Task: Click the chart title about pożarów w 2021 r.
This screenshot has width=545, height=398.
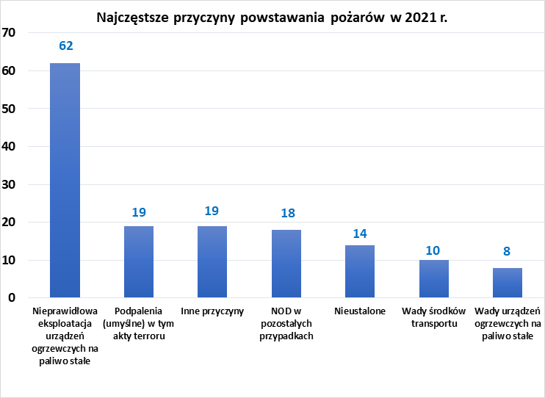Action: point(272,18)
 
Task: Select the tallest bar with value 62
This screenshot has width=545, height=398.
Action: point(65,180)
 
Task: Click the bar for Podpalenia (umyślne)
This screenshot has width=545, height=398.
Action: point(139,261)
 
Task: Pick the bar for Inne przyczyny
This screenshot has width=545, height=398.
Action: point(212,261)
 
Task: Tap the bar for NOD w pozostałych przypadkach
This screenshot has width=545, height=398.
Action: point(286,264)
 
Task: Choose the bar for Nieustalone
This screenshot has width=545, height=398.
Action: point(360,271)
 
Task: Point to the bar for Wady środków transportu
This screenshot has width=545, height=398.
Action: point(433,278)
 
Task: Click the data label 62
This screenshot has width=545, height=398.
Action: point(65,46)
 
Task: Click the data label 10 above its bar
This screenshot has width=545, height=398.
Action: point(433,250)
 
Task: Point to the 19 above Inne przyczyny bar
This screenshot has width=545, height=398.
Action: point(212,211)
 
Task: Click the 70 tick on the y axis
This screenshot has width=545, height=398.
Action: point(10,33)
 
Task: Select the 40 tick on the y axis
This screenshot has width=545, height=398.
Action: point(10,146)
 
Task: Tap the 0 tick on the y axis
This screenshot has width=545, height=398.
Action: point(12,297)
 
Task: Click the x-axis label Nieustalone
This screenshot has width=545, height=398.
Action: point(360,311)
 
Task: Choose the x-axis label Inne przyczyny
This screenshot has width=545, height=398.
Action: point(212,311)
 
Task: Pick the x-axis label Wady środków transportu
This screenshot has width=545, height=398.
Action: point(434,317)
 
